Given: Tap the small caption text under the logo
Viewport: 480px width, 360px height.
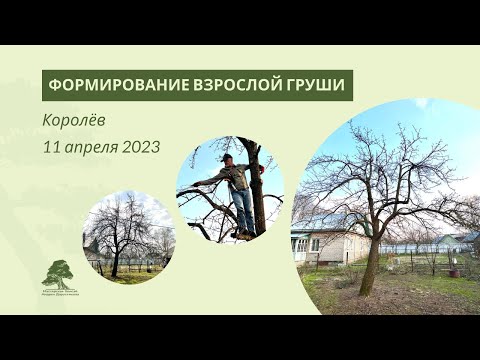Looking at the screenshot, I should [60, 293].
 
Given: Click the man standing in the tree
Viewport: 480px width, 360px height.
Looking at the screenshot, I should [238, 190].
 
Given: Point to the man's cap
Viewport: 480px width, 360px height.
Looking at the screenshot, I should [229, 158].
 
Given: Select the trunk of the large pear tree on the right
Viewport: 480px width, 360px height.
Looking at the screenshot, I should [371, 262].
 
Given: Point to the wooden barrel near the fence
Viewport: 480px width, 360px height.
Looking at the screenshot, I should [452, 270].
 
